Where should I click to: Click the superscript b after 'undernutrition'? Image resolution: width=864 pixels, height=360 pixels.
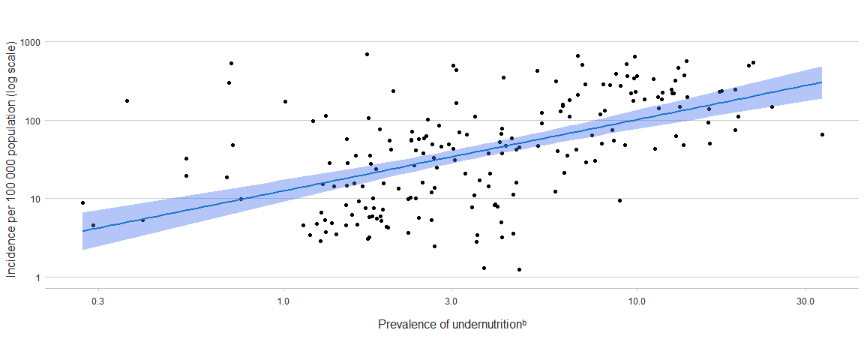coord(524,322)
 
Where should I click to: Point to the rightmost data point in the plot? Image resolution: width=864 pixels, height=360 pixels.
coord(822,135)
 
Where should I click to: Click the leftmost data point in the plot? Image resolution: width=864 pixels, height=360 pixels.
coord(83,202)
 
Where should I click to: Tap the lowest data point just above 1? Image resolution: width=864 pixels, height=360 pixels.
coord(519,269)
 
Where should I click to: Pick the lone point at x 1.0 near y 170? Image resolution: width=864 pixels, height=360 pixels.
coord(285,101)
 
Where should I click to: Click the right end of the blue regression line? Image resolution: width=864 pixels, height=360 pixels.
coord(822,82)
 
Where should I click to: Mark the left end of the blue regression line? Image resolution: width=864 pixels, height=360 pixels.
coord(83,231)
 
